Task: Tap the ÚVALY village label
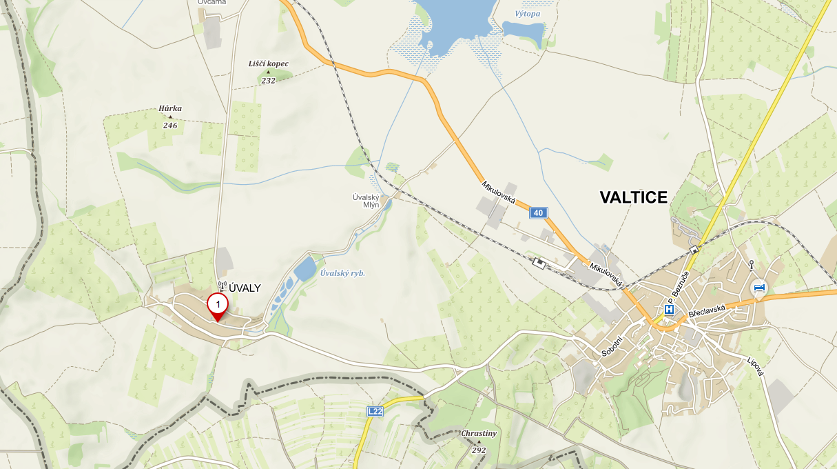[x=245, y=288]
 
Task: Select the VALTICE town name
[x=633, y=198]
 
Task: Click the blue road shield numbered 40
[x=538, y=213]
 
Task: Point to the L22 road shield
[x=375, y=412]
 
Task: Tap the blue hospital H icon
[x=668, y=310]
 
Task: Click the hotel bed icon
[x=759, y=288]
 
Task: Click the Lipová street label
[x=756, y=366]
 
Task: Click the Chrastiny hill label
[x=479, y=434]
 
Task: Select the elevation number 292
[x=479, y=450]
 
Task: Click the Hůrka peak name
[x=170, y=108]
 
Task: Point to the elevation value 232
[x=268, y=81]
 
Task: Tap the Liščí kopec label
[x=269, y=63]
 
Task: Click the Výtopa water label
[x=528, y=14]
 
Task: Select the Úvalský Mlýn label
[x=366, y=201]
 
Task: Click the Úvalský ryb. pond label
[x=342, y=273]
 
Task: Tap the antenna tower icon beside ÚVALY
[x=222, y=286]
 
